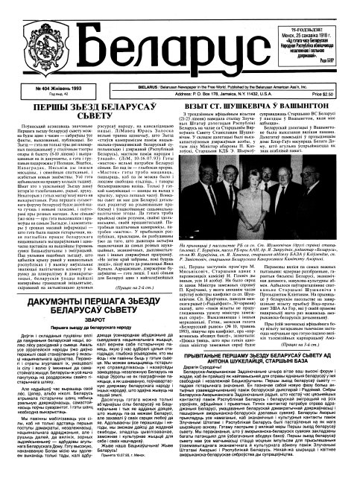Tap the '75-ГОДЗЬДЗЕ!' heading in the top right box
(x=303, y=6)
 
